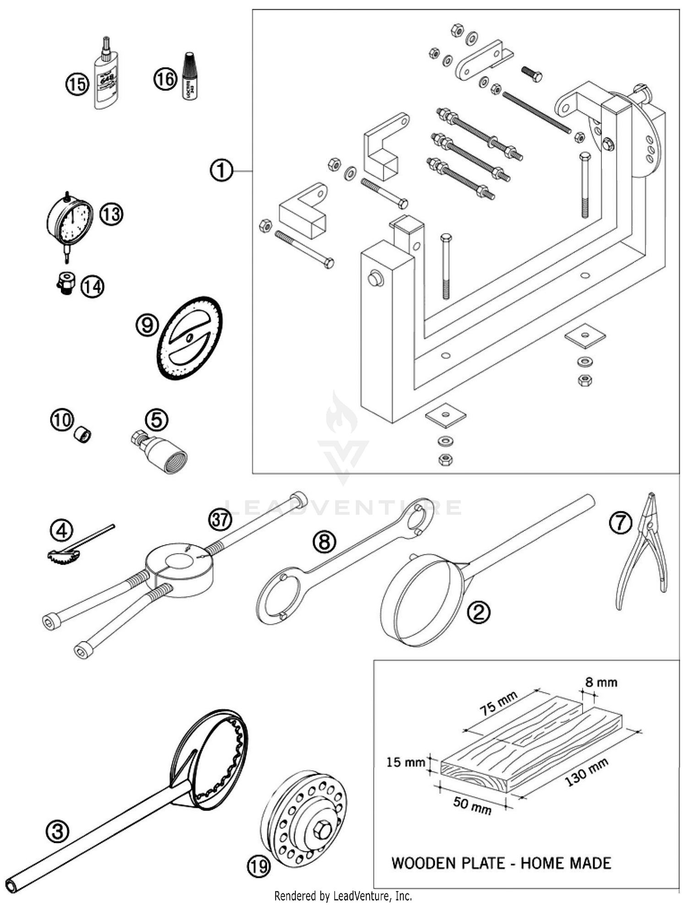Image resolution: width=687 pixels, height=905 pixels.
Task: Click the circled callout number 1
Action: pyautogui.click(x=221, y=171)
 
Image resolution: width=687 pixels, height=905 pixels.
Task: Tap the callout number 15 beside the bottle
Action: pyautogui.click(x=77, y=84)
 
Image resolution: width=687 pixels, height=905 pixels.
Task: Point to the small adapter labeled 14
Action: pyautogui.click(x=66, y=283)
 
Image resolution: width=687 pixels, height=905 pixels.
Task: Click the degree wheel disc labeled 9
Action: pyautogui.click(x=190, y=338)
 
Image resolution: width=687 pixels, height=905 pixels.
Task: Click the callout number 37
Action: pyautogui.click(x=220, y=520)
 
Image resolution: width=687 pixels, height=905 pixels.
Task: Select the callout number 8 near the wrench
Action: pyautogui.click(x=324, y=542)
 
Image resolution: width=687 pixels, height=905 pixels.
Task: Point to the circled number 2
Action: pyautogui.click(x=479, y=612)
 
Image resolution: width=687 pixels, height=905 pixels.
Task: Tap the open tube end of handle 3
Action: pyautogui.click(x=11, y=885)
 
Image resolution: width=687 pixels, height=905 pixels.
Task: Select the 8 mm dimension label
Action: pyautogui.click(x=601, y=682)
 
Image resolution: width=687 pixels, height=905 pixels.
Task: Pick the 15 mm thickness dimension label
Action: pyautogui.click(x=405, y=762)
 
